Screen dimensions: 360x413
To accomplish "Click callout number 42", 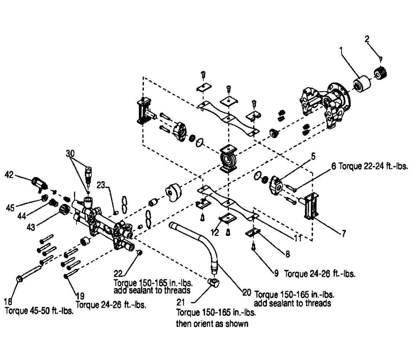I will coord(9,175).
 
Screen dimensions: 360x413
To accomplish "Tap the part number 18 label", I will coord(9,302).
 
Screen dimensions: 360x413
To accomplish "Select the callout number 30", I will coord(70,154).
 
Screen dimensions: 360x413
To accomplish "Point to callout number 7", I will coord(343,233).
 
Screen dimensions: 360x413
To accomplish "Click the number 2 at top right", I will coord(367,39).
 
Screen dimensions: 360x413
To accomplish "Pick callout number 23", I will coord(101,185).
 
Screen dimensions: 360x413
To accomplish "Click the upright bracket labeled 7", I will coord(310,206).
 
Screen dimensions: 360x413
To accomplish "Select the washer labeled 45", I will coord(44,198).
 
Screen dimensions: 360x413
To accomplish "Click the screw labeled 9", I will coord(253,247).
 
